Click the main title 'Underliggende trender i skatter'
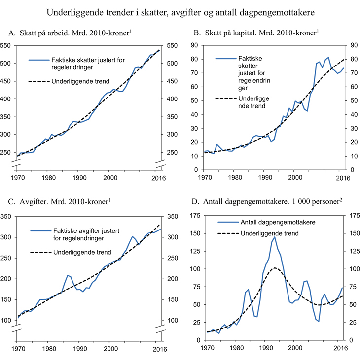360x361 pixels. click(180, 11)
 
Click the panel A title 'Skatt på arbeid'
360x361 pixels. click(70, 33)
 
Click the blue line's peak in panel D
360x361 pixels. click(274, 237)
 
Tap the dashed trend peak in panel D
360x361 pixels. click(275, 268)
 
